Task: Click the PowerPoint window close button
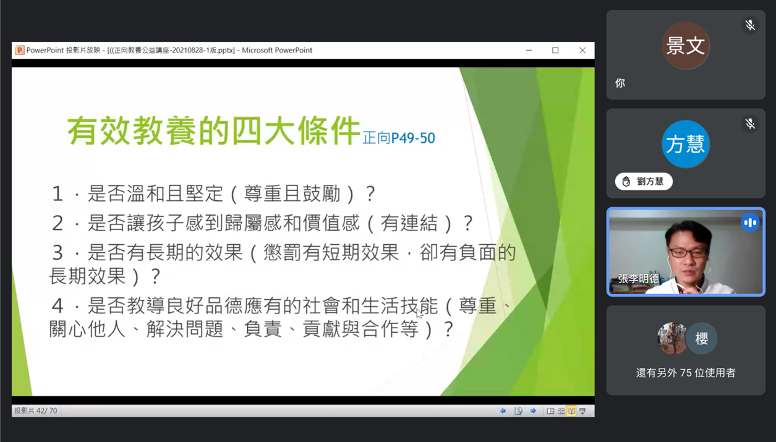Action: [x=582, y=50]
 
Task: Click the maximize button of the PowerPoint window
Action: [x=555, y=50]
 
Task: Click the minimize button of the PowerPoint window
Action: [x=529, y=50]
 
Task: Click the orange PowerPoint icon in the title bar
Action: [x=20, y=50]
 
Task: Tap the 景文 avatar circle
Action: [x=686, y=45]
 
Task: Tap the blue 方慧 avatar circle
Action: [x=686, y=144]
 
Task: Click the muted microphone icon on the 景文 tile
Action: [x=750, y=25]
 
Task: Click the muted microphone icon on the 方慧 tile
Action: [x=750, y=124]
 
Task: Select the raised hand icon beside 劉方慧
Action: [x=626, y=181]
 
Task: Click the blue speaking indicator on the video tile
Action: [x=750, y=223]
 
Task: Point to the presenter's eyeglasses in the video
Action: [x=688, y=252]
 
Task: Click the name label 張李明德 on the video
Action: [x=638, y=279]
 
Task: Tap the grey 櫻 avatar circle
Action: [x=702, y=338]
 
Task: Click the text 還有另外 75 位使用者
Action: [x=686, y=373]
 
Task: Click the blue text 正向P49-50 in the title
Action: [x=399, y=138]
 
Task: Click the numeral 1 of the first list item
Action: [x=58, y=193]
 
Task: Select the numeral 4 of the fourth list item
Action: [x=58, y=306]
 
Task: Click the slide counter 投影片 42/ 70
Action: [x=36, y=411]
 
